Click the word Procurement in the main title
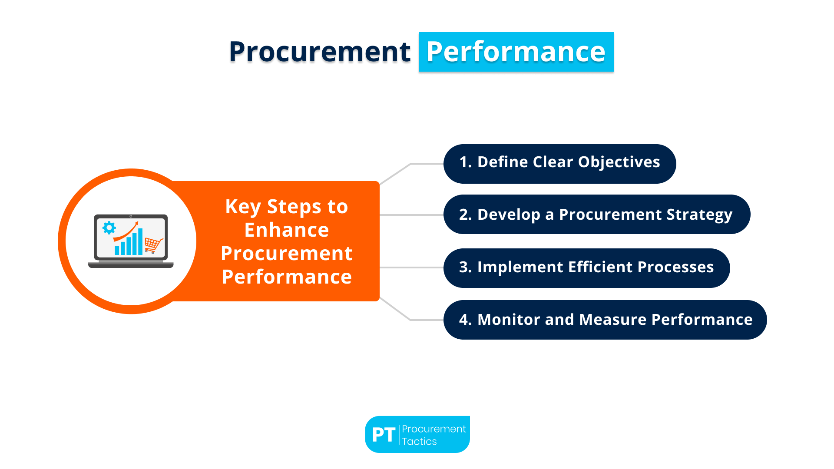click(319, 52)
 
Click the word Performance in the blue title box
click(516, 52)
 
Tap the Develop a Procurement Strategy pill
click(596, 215)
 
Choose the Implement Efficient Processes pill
click(586, 268)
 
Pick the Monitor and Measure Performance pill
click(605, 320)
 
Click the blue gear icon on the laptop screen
click(109, 228)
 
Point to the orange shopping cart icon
click(153, 245)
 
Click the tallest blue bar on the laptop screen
click(140, 242)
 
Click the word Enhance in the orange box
click(287, 230)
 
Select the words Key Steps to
click(287, 207)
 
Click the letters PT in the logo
click(383, 435)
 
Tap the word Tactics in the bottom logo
click(419, 442)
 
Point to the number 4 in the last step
click(463, 320)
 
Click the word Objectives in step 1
click(619, 162)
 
